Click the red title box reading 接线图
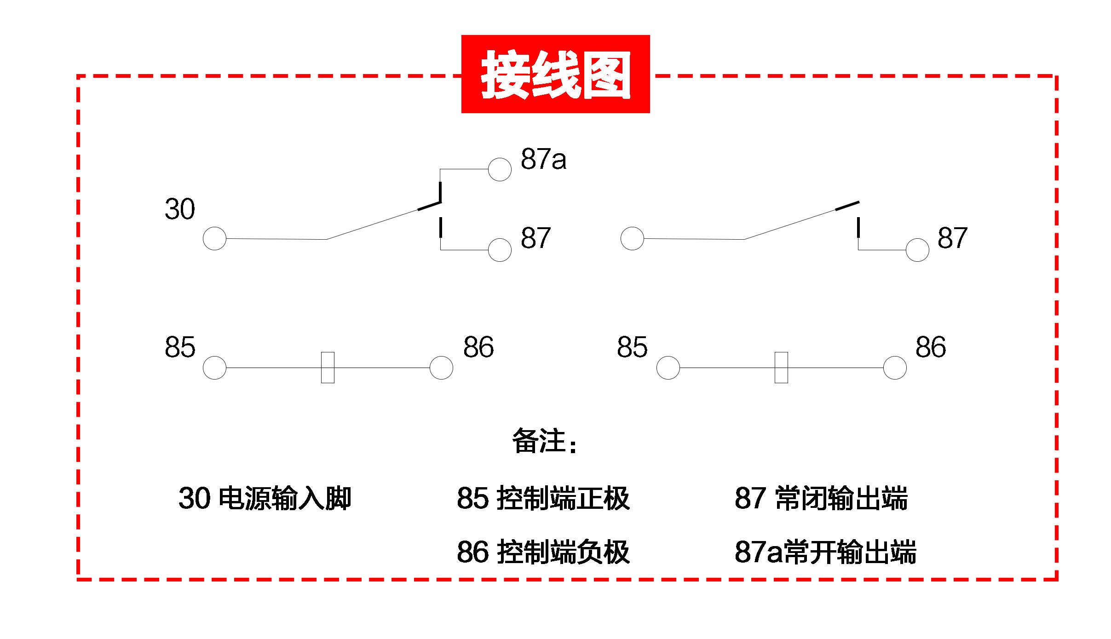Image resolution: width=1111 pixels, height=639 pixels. click(555, 74)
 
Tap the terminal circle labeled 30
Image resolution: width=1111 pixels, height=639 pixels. click(214, 238)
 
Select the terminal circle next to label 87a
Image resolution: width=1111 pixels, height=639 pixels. click(499, 169)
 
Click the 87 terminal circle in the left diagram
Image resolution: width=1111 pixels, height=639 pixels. click(499, 250)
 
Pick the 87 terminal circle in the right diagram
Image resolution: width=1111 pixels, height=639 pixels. click(917, 250)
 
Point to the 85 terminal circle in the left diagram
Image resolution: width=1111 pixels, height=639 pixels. click(214, 368)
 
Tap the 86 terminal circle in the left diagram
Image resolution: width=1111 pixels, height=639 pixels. click(441, 368)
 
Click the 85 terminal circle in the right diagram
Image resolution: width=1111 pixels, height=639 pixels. click(668, 368)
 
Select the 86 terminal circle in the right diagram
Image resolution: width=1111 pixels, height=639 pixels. click(894, 368)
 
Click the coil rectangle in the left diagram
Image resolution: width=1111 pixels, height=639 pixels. click(328, 368)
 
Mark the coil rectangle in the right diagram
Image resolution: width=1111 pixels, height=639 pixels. click(781, 368)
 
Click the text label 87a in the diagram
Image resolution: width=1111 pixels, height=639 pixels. click(543, 160)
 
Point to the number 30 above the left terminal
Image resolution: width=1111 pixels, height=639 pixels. click(180, 209)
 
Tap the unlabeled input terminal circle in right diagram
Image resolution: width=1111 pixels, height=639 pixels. click(632, 238)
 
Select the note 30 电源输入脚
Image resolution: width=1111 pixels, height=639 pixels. click(265, 498)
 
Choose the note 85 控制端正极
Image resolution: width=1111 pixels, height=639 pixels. click(543, 498)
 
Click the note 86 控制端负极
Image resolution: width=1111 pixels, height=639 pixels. click(543, 552)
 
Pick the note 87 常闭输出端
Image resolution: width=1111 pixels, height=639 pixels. click(821, 498)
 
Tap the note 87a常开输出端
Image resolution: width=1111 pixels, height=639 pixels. click(825, 552)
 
